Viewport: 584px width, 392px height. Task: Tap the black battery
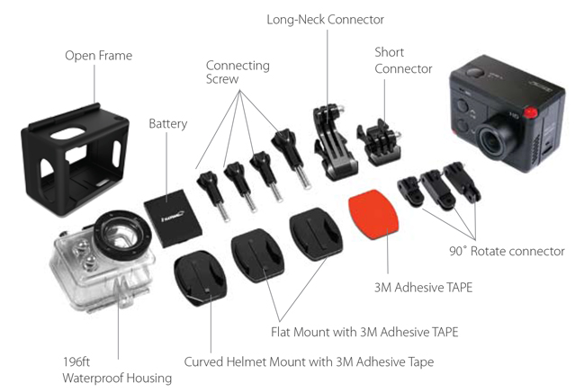point(173,218)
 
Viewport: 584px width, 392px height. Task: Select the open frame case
point(76,160)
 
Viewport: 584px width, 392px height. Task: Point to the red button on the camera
point(531,112)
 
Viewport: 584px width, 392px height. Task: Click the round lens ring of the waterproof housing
point(122,234)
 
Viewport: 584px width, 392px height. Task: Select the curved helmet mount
point(200,278)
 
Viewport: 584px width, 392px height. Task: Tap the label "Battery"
point(168,123)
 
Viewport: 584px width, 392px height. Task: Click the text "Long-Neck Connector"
point(325,20)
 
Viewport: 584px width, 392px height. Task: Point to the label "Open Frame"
point(99,56)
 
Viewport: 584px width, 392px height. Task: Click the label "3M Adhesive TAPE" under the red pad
point(423,288)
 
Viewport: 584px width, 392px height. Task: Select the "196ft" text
point(76,361)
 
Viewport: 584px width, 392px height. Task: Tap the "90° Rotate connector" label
point(507,251)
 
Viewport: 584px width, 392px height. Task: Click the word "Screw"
point(222,79)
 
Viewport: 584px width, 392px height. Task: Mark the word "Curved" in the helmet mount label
point(203,361)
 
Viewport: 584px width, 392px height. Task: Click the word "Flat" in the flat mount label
point(281,332)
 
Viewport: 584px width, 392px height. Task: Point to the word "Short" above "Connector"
point(390,52)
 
